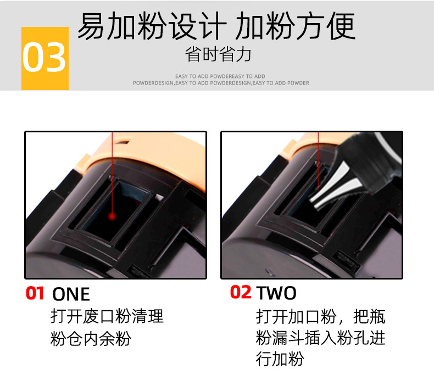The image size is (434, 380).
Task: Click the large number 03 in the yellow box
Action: point(44,58)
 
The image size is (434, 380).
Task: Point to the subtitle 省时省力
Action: point(218,55)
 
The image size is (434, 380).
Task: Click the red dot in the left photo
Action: point(112,216)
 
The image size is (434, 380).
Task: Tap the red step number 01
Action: point(35,293)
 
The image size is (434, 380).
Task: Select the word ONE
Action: point(71,294)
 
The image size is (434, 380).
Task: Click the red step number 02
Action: point(240,293)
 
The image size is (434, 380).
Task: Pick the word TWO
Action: point(276,293)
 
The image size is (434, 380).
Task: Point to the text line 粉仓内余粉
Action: point(90,339)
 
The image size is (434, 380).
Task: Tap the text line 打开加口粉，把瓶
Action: point(320,317)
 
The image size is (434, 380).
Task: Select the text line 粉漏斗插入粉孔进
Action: point(320,338)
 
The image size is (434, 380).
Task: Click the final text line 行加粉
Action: point(280,359)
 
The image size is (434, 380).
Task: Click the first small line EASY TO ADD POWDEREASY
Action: point(220,76)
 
